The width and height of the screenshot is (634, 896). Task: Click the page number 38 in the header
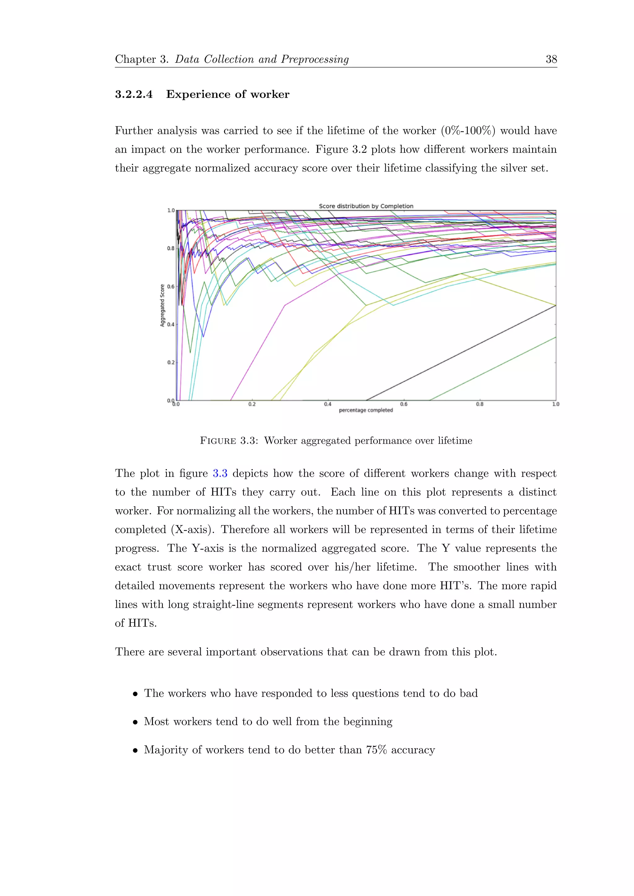point(551,59)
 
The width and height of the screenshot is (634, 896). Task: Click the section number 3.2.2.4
point(133,94)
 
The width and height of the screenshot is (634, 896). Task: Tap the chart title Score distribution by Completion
point(366,206)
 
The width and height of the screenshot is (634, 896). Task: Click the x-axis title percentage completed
point(366,410)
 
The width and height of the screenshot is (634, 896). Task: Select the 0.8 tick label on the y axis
point(171,248)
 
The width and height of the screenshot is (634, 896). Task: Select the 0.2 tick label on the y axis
point(171,363)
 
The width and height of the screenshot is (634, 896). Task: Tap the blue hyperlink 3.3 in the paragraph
point(220,473)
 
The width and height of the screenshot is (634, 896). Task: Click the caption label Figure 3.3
point(228,441)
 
